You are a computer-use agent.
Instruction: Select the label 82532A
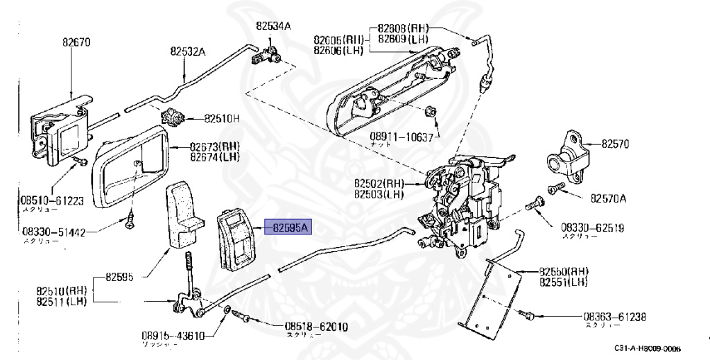188,51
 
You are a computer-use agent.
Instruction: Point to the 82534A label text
273,26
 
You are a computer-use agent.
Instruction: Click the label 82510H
221,118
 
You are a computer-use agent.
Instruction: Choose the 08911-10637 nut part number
402,137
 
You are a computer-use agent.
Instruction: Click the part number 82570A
608,198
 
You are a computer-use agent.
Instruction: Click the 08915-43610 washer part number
173,336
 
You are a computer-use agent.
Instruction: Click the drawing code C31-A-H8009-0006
647,349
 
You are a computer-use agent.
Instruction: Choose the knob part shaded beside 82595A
236,238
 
